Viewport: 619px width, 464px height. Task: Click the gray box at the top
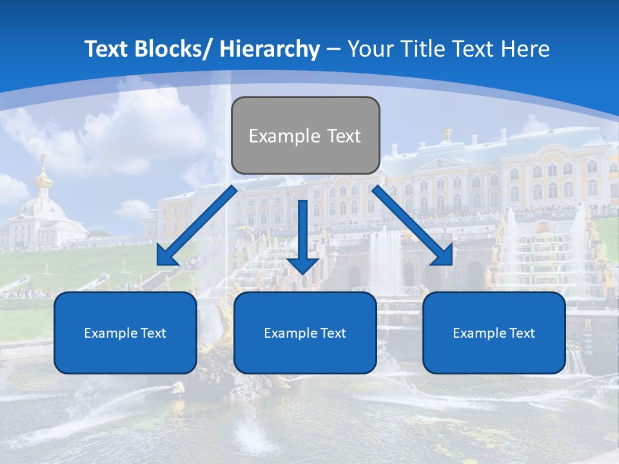pos(305,135)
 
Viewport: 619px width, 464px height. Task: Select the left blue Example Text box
pos(125,333)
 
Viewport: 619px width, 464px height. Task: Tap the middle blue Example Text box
pos(305,333)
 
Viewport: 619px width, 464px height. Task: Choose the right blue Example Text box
pos(494,333)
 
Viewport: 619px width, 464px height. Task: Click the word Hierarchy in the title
pos(270,49)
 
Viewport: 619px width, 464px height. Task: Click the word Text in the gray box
pos(344,136)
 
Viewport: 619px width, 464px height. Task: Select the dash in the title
pos(333,50)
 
